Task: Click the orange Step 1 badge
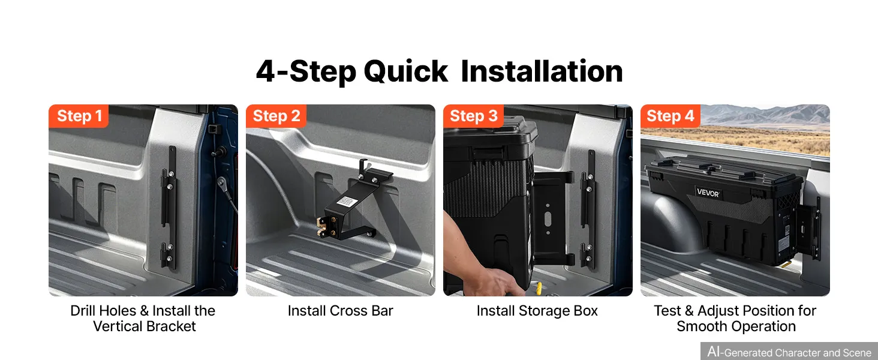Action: [x=79, y=116]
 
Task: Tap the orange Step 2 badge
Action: [x=276, y=116]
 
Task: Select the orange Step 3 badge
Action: [x=473, y=116]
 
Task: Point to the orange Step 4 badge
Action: [x=670, y=116]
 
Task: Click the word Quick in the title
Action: [x=405, y=72]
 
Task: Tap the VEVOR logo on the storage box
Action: [x=708, y=193]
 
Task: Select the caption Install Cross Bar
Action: [x=340, y=311]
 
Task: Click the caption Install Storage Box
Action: [x=537, y=311]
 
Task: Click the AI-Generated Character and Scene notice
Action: [x=789, y=352]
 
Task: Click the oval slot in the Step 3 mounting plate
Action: [x=548, y=219]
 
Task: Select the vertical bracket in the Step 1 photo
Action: [x=169, y=208]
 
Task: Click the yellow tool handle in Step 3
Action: [x=539, y=289]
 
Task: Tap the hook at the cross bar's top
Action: [x=363, y=167]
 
